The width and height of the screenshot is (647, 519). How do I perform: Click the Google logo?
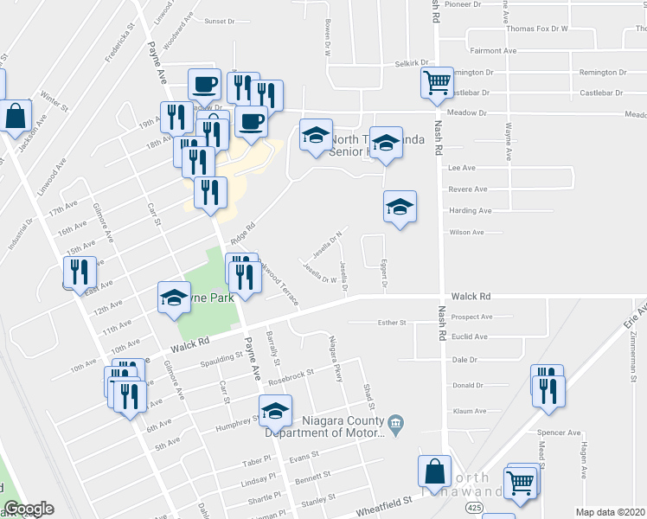[29, 509]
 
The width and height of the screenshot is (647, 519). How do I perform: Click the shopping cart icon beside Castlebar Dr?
[437, 84]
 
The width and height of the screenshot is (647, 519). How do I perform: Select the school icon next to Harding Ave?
[400, 207]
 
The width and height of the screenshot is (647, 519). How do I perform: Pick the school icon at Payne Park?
[174, 298]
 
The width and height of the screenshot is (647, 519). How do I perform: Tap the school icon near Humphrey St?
[276, 410]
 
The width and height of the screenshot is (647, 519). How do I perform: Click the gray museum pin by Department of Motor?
[396, 422]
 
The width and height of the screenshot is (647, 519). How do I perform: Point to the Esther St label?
[392, 323]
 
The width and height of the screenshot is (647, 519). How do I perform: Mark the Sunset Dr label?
[219, 21]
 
